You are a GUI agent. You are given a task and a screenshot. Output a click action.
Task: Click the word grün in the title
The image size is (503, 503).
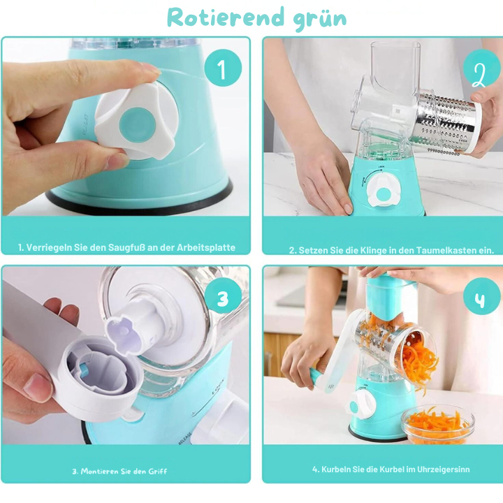[x=320, y=20]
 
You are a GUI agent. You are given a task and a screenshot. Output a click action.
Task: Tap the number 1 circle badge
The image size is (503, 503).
[x=223, y=68]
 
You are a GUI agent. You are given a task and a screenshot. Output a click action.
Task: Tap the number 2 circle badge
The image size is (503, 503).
[x=482, y=68]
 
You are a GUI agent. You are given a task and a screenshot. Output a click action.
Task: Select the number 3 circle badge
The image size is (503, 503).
[x=223, y=298]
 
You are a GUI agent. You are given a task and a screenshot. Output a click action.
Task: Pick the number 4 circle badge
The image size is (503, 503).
[x=482, y=296]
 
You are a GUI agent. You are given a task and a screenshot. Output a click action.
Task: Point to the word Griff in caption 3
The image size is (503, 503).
[x=157, y=472]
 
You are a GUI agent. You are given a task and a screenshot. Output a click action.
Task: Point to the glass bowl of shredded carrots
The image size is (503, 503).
[x=438, y=425]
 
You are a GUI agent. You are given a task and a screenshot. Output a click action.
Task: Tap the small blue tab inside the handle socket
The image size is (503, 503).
[x=85, y=370]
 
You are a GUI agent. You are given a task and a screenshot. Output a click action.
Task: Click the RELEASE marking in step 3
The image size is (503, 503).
[x=185, y=439]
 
